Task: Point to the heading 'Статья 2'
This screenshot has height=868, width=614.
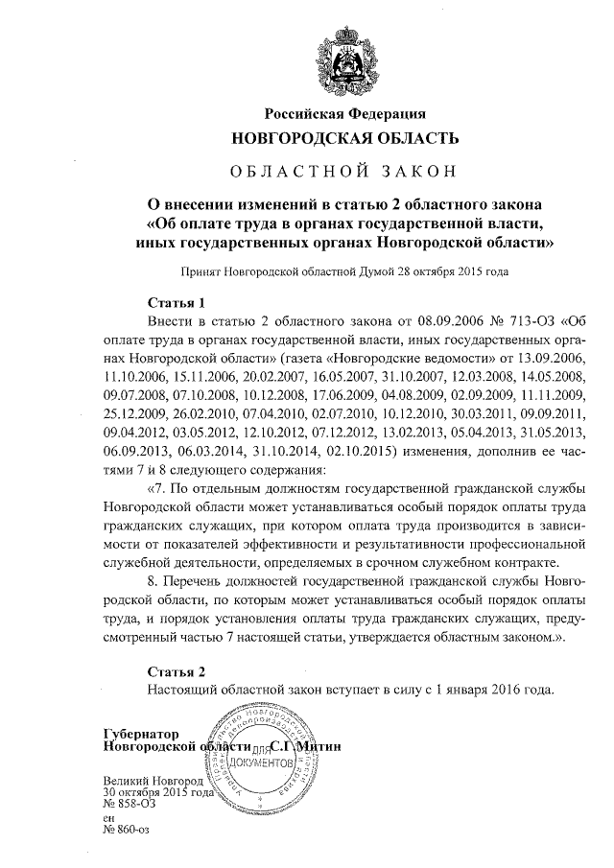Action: [x=177, y=669]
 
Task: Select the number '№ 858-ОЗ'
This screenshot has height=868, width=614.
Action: [x=129, y=808]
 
